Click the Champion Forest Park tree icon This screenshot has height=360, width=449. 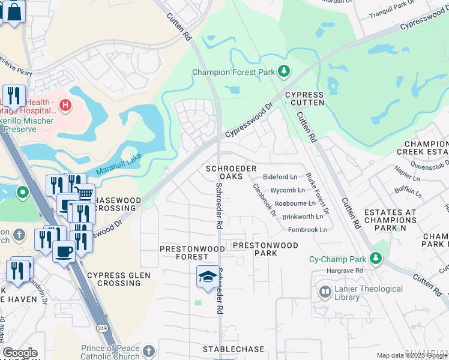tap(284, 73)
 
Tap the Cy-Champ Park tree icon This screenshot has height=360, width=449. tap(376, 259)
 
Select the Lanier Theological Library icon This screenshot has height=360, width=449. tap(325, 292)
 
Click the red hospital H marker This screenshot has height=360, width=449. tap(65, 107)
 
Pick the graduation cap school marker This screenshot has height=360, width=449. tap(208, 276)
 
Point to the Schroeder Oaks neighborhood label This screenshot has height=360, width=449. tap(231, 173)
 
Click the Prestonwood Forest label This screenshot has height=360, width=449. tap(184, 253)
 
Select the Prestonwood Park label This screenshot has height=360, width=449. tap(265, 249)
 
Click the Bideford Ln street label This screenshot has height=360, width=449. tap(280, 178)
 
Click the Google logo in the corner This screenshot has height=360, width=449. tap(20, 353)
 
